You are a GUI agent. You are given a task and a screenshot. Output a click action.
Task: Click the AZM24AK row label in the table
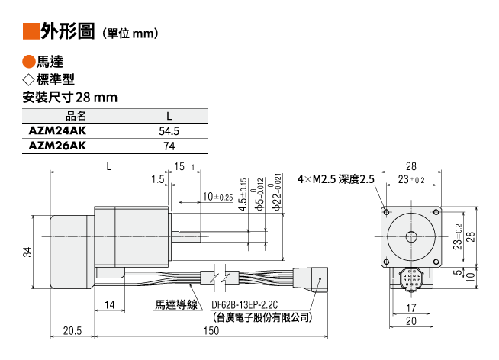[x=56, y=131]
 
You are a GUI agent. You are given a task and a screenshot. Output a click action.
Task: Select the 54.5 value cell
[x=169, y=131]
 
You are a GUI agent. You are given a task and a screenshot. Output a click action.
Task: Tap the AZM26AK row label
[x=56, y=146]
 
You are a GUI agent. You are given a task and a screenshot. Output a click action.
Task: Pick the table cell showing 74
[x=169, y=146]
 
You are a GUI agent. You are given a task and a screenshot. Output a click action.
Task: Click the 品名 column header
[x=76, y=116]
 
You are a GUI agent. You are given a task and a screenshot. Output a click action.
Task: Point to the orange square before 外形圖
[x=30, y=31]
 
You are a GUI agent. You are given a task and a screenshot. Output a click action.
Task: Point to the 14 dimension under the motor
[x=111, y=305]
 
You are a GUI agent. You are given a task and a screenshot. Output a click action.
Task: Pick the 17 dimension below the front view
[x=412, y=307]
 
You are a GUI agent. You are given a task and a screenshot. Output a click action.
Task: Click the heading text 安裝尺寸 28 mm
[x=69, y=98]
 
